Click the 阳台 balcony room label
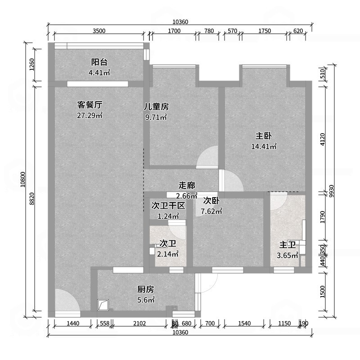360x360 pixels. [x=99, y=62]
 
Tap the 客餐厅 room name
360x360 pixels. [x=90, y=105]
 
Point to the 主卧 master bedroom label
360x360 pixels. [x=263, y=135]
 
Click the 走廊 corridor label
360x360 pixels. [x=187, y=185]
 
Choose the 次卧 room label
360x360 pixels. [x=211, y=201]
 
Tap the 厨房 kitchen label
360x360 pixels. [x=146, y=289]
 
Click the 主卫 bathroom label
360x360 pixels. [x=288, y=245]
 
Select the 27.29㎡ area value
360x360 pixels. [x=90, y=116]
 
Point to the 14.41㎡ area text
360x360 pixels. [x=264, y=146]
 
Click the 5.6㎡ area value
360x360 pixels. [x=146, y=300]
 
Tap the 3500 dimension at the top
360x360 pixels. [x=99, y=31]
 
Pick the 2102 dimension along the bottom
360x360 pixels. [x=140, y=324]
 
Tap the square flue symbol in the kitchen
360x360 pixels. [x=103, y=305]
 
